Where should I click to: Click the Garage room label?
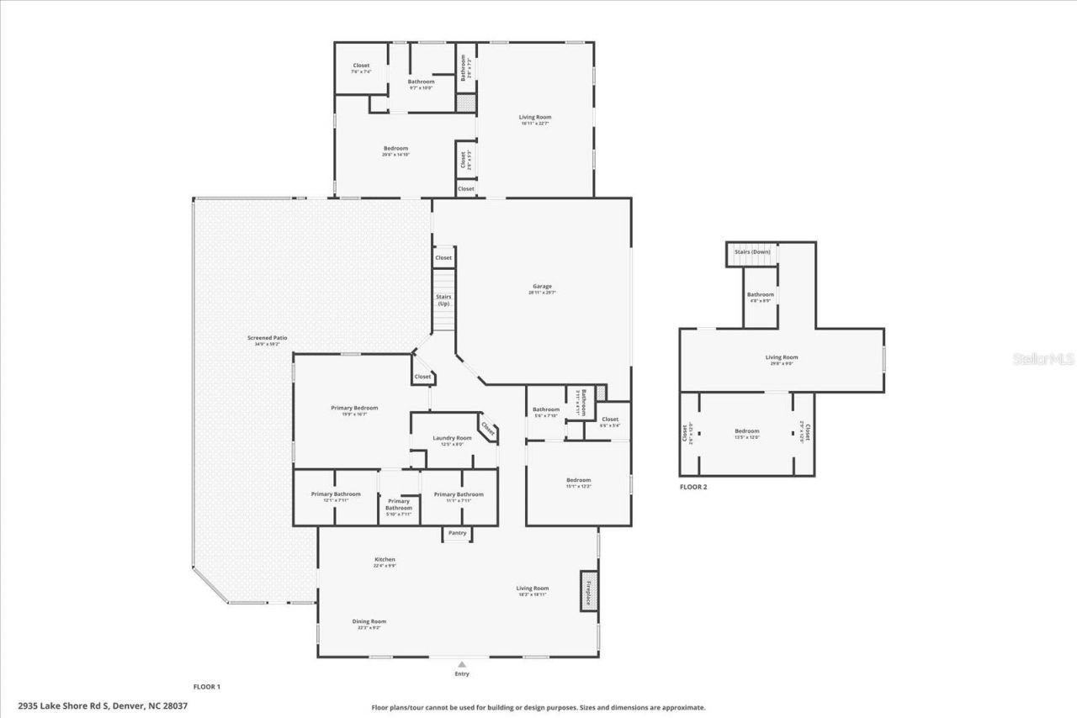coord(541,287)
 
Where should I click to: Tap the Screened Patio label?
coord(270,338)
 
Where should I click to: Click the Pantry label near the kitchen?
coord(457,533)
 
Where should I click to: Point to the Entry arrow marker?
coord(461,665)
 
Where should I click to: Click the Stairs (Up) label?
coord(443,299)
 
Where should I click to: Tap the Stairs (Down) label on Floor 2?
coord(752,252)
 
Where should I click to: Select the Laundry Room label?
coord(452,438)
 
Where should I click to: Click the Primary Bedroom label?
coord(348,408)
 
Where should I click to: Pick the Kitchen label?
coord(385,560)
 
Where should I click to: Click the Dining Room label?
coord(369,621)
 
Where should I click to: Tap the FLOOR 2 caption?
coord(693,487)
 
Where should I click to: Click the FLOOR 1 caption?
coord(206,687)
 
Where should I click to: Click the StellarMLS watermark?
coord(1043,359)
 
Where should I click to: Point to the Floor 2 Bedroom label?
coord(746,431)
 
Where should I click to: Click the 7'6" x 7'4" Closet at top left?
coord(361,66)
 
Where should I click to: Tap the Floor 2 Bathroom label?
coord(760,295)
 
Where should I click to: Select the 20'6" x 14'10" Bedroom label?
coord(395,149)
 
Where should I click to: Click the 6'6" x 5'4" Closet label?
coord(610,420)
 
